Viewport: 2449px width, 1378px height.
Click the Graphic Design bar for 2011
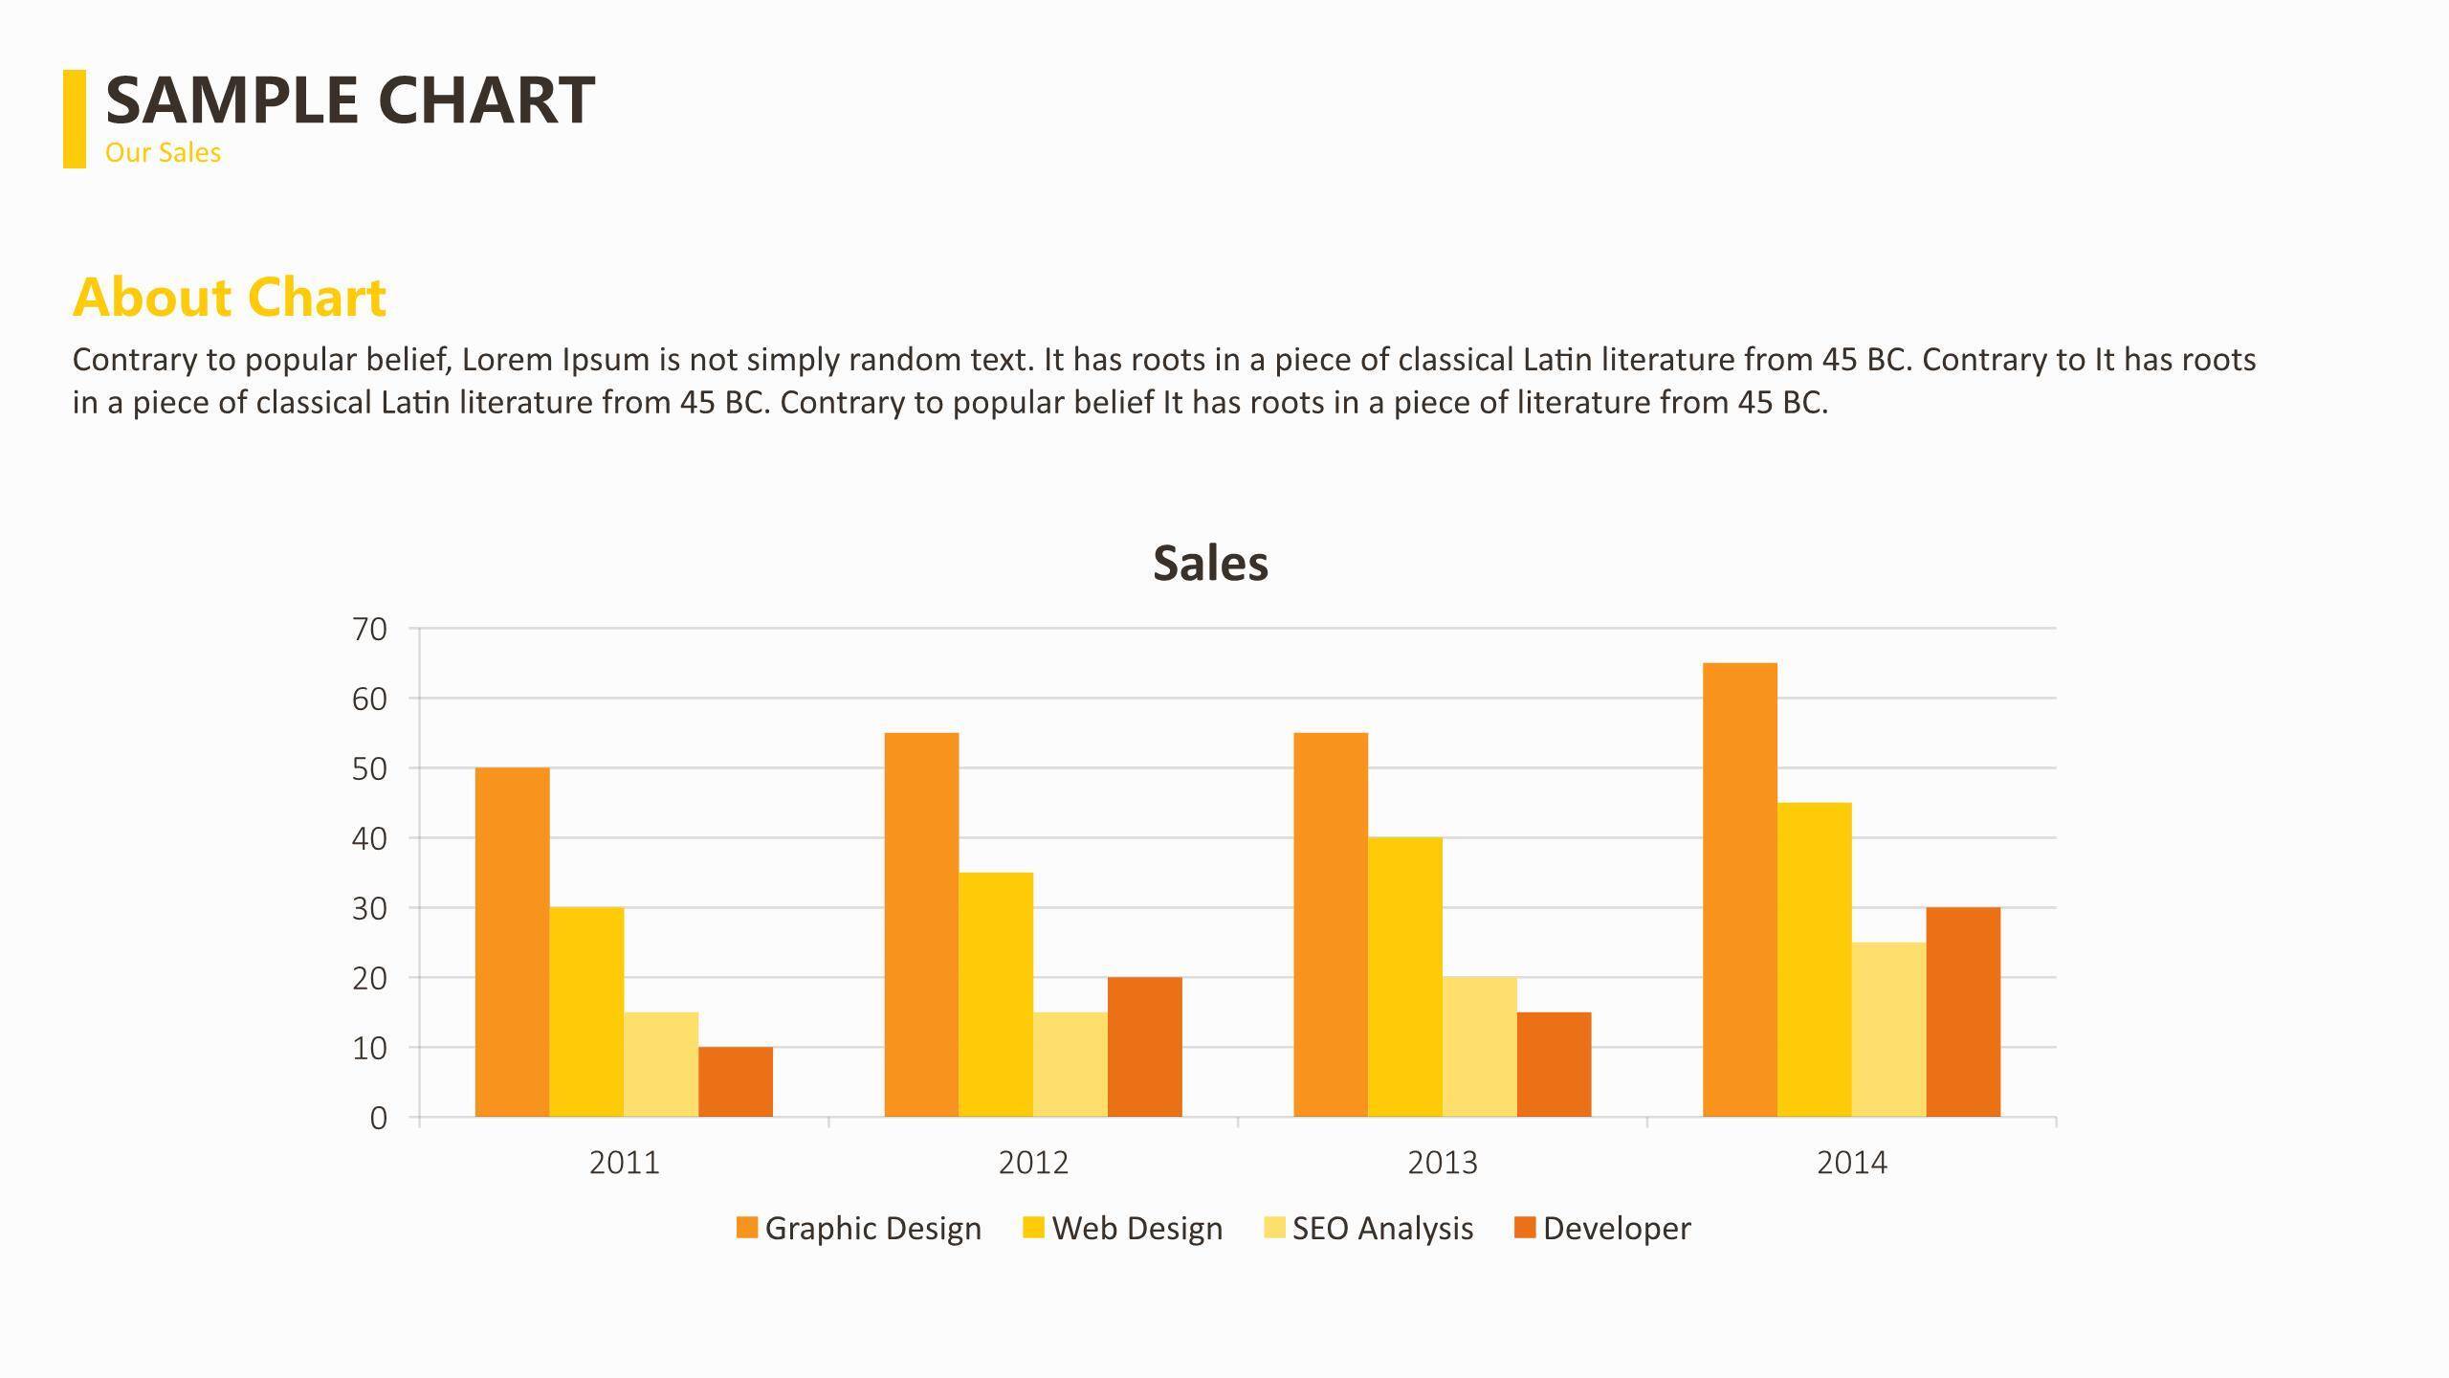pyautogui.click(x=512, y=942)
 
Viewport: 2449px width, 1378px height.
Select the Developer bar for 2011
pyautogui.click(x=735, y=1081)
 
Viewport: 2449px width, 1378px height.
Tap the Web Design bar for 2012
pyautogui.click(x=995, y=994)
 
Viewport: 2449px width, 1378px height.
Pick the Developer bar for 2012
pyautogui.click(x=1144, y=1047)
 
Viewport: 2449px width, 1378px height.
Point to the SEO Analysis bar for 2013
pyautogui.click(x=1479, y=1047)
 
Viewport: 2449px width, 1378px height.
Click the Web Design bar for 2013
pyautogui.click(x=1404, y=977)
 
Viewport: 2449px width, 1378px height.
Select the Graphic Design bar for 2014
pyautogui.click(x=1739, y=890)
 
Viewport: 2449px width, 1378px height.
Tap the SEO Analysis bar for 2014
pyautogui.click(x=1888, y=1030)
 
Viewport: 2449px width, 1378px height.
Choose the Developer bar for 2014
pyautogui.click(x=1963, y=1011)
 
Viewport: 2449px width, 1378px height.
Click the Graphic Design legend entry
pyautogui.click(x=858, y=1228)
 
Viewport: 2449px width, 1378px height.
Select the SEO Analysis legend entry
pyautogui.click(x=1368, y=1228)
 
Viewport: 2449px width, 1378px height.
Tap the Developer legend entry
pyautogui.click(x=1602, y=1228)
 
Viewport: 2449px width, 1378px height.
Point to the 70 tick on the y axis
pyautogui.click(x=369, y=629)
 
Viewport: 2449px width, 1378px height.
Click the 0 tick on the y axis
pyautogui.click(x=378, y=1118)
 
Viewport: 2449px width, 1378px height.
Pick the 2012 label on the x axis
pyautogui.click(x=1033, y=1163)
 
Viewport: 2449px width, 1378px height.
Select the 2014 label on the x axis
pyautogui.click(x=1852, y=1163)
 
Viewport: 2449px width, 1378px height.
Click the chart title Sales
pyautogui.click(x=1210, y=563)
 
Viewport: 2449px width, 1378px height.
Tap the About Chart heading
pyautogui.click(x=230, y=297)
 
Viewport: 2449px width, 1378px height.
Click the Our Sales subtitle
pyautogui.click(x=163, y=153)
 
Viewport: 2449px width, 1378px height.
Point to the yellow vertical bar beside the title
pyautogui.click(x=74, y=119)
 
